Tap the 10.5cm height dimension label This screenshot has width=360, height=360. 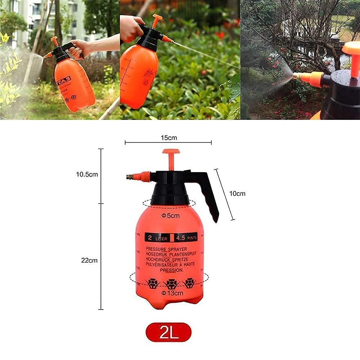click(87, 175)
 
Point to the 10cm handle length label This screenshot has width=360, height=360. click(237, 194)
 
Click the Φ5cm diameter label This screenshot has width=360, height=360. click(170, 216)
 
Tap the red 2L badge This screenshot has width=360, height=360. click(168, 332)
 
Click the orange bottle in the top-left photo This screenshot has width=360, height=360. click(74, 86)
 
